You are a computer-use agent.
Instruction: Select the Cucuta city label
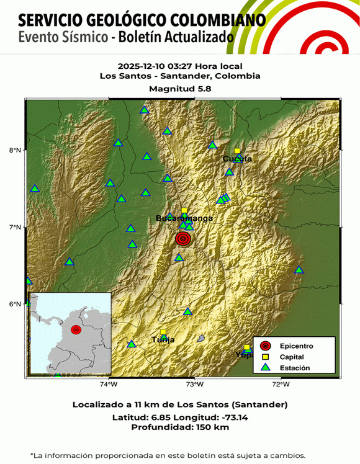click(x=237, y=159)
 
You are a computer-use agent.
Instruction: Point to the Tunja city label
click(x=163, y=340)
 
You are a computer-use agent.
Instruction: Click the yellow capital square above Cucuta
click(x=237, y=151)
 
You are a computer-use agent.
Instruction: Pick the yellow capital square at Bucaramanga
click(x=184, y=211)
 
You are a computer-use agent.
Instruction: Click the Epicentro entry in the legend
click(x=295, y=346)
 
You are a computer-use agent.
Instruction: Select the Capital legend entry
click(x=291, y=357)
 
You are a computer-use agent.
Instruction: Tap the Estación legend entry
click(x=293, y=368)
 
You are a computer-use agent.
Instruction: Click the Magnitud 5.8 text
click(x=179, y=89)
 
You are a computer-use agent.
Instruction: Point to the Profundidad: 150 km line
click(x=179, y=427)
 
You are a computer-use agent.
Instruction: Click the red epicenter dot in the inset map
click(x=76, y=329)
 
